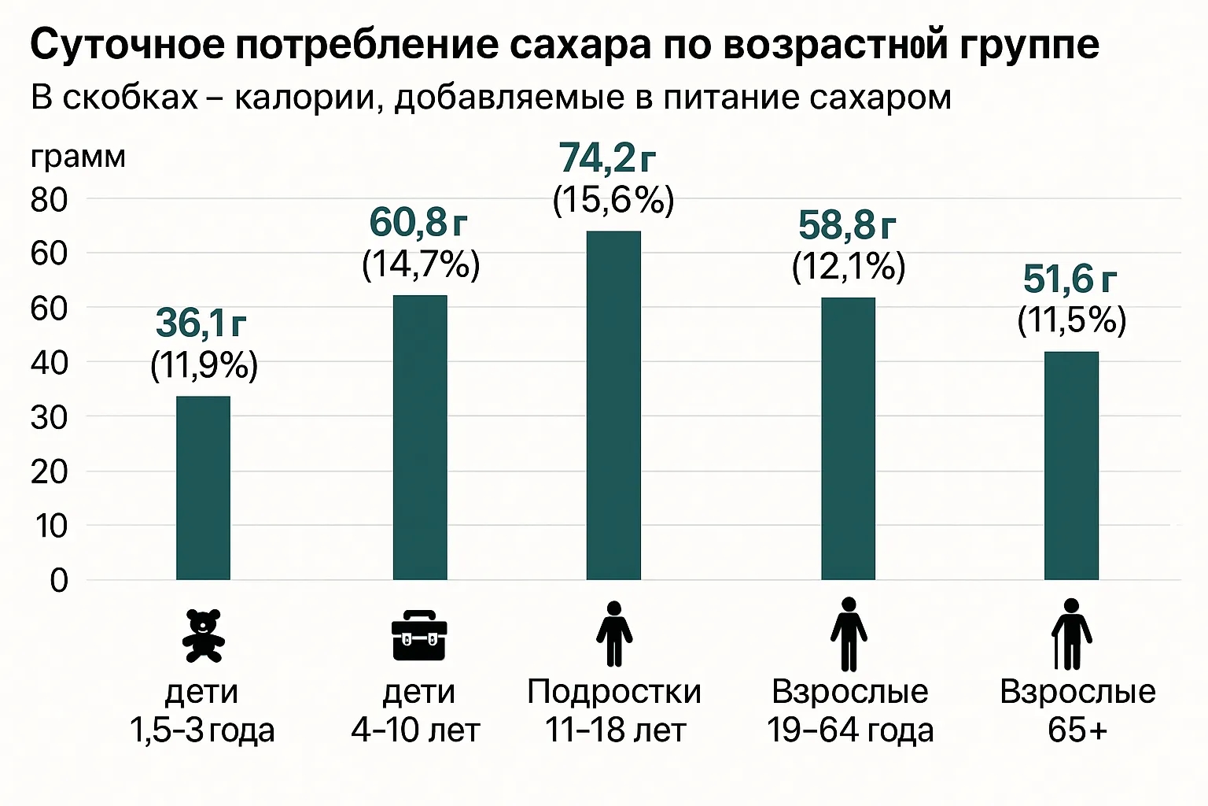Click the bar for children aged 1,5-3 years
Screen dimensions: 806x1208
click(x=203, y=488)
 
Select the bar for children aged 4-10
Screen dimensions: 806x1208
click(x=420, y=438)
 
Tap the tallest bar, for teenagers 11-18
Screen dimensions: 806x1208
click(x=613, y=405)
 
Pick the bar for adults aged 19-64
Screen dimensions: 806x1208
click(x=848, y=438)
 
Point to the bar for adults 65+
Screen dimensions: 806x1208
click(x=1071, y=466)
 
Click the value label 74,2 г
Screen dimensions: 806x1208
click(x=607, y=158)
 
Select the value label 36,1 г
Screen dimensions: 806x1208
click(x=201, y=323)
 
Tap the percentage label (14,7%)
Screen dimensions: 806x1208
click(x=421, y=264)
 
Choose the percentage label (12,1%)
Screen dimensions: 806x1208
click(x=849, y=267)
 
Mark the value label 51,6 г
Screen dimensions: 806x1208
click(x=1070, y=279)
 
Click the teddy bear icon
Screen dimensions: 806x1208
click(x=203, y=635)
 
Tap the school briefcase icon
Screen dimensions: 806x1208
click(x=419, y=635)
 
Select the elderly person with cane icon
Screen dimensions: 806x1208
click(x=1071, y=634)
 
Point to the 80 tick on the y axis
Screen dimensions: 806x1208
click(x=49, y=200)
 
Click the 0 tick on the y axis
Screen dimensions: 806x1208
click(x=58, y=581)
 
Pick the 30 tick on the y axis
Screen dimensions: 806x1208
click(x=49, y=418)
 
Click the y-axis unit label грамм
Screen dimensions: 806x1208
click(x=78, y=157)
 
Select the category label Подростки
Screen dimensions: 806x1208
click(x=613, y=692)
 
